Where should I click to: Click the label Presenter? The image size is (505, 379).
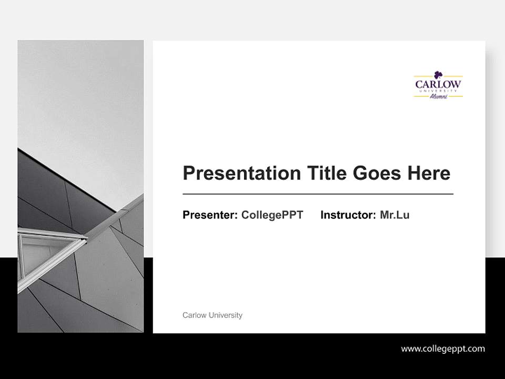210,215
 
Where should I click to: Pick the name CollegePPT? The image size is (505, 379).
272,215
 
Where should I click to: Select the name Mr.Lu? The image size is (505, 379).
395,215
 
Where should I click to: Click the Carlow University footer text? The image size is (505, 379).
212,315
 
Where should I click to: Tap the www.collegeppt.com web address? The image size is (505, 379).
443,348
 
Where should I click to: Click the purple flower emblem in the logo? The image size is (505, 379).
438,75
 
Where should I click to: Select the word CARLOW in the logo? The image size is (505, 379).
438,84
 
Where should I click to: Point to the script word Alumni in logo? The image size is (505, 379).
438,96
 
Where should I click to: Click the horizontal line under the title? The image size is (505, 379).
318,194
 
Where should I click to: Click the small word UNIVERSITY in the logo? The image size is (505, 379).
438,91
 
